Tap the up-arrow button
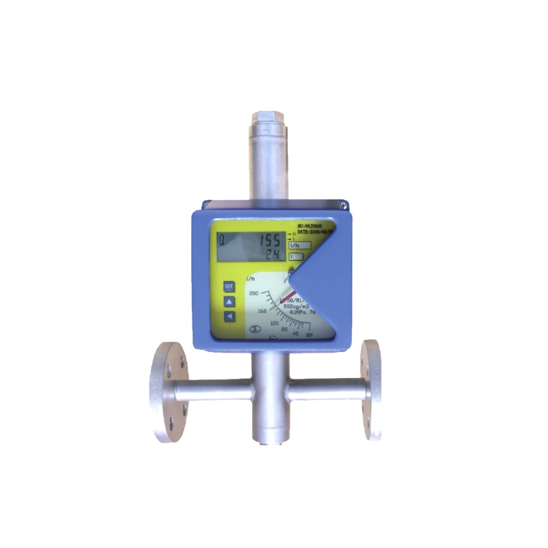click(x=229, y=301)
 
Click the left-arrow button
click(x=229, y=316)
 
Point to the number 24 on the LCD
click(x=269, y=255)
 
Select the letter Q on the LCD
click(x=222, y=240)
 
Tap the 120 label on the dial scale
click(x=275, y=323)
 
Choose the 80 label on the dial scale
click(x=284, y=330)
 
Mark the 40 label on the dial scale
click(x=296, y=334)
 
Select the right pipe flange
click(x=372, y=390)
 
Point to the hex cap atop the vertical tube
click(x=265, y=118)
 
